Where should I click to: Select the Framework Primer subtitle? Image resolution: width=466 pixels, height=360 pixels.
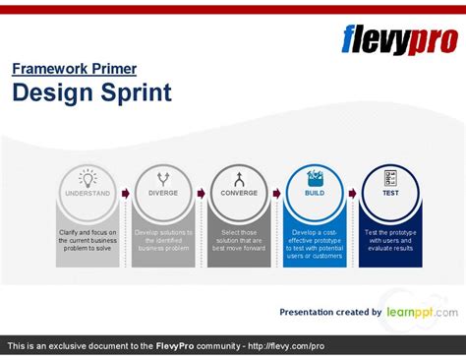point(74,69)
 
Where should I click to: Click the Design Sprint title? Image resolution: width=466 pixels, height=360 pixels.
point(91,92)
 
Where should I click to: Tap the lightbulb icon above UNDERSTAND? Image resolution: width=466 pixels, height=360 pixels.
point(87,178)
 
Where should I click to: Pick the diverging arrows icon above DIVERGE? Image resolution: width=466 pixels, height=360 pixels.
point(163,178)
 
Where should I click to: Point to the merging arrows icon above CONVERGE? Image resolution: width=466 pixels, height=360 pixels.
point(239,178)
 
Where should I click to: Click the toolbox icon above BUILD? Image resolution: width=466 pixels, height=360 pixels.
point(315,178)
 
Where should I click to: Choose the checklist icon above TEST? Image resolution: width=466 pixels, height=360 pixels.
point(390,178)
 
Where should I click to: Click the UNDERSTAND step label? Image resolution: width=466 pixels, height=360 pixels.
point(87,193)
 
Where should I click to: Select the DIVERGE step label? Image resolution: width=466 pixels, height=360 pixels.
point(163,193)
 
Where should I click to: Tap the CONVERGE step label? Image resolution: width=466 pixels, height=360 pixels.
point(239,193)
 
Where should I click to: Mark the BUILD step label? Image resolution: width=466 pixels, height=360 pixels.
point(315,193)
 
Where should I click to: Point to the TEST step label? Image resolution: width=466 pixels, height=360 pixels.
point(390,193)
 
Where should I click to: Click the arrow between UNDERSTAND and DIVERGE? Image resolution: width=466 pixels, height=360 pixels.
point(126,193)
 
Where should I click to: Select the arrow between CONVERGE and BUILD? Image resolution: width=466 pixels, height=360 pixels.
point(277,193)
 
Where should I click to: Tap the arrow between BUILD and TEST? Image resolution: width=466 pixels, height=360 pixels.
point(353,193)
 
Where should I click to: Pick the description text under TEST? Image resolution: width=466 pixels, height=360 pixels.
point(390,241)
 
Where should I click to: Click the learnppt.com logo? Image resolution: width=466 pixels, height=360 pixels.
point(420,312)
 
